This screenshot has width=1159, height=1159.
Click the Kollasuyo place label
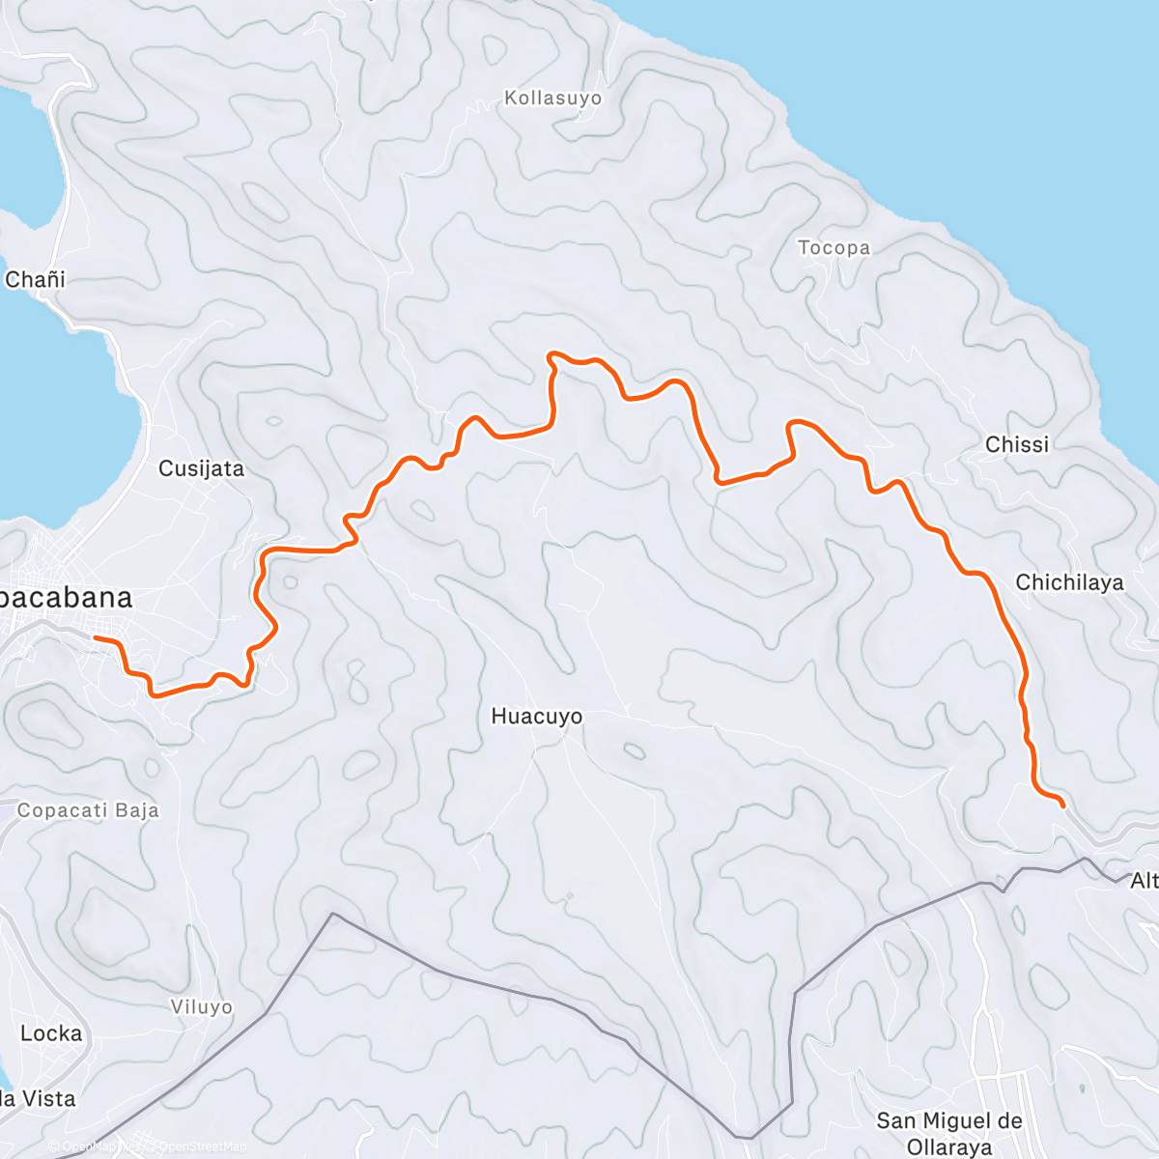click(552, 99)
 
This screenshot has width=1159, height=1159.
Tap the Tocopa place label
click(834, 248)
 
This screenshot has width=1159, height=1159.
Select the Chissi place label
click(1016, 444)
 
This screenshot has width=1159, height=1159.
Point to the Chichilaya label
click(1069, 582)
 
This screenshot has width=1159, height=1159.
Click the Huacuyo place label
click(536, 717)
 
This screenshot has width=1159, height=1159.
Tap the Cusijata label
click(201, 469)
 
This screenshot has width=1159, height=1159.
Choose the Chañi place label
click(35, 280)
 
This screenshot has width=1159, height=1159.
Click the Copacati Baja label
click(88, 810)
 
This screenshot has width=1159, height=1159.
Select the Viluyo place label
click(201, 1007)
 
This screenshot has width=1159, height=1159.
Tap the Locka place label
click(51, 1033)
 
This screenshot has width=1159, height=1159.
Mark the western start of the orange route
click(95, 638)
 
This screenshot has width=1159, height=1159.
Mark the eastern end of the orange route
click(1062, 805)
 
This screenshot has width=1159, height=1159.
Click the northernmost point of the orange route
click(551, 354)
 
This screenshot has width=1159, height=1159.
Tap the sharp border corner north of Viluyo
click(332, 913)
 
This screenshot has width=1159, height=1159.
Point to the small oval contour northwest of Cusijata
click(273, 421)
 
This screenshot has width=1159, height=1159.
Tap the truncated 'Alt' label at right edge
click(1144, 880)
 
